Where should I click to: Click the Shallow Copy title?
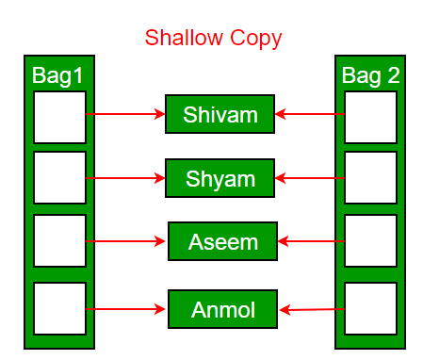[x=213, y=39]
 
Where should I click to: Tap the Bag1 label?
[x=58, y=74]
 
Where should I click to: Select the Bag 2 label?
[x=370, y=74]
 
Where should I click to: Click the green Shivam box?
[x=220, y=115]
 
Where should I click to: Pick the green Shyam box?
[x=220, y=178]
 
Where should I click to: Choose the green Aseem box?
[x=223, y=241]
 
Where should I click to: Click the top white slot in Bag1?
[x=59, y=117]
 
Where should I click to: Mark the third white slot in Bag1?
[x=59, y=241]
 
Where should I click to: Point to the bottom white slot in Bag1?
[x=59, y=307]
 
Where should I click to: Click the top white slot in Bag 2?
[x=370, y=117]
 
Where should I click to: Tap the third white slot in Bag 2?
[x=370, y=241]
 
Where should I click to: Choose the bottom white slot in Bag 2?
[x=370, y=307]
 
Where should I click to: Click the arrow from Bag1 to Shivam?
[x=125, y=115]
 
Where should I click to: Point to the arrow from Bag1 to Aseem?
[x=127, y=241]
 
